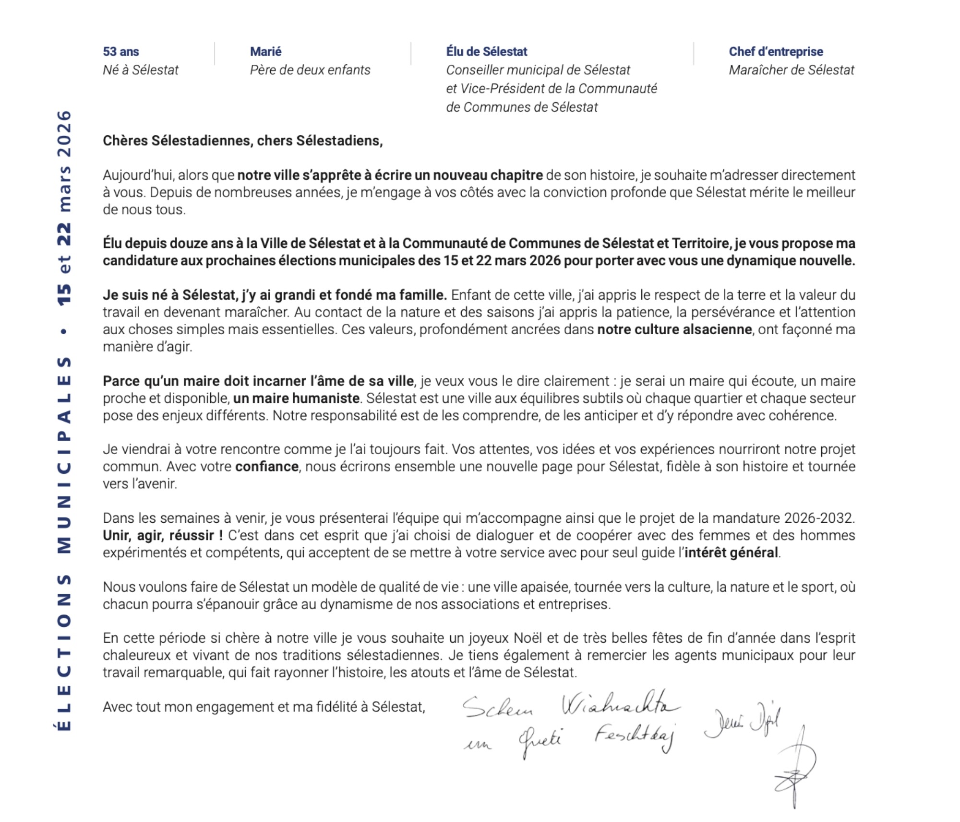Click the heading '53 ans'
121,51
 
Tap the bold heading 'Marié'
265,51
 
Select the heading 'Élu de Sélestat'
486,51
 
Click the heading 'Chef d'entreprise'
776,51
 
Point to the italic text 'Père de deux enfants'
310,70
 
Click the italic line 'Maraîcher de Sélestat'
791,70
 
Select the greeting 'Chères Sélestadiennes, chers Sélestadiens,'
242,141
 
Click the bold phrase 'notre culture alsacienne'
674,329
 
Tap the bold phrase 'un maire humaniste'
296,398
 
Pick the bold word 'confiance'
267,466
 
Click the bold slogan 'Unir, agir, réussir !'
163,535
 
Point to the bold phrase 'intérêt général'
731,552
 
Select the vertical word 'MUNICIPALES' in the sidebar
64,455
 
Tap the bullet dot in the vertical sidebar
64,331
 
